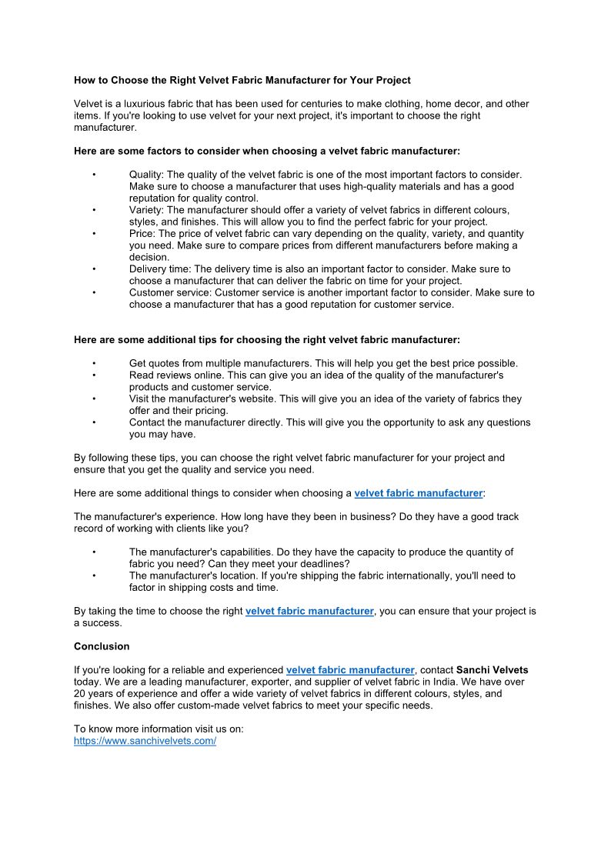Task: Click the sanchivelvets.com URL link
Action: (x=145, y=740)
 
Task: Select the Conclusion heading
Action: (x=102, y=646)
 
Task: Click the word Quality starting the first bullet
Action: (x=145, y=175)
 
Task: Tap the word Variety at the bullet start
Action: (x=145, y=210)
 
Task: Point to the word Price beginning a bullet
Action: (x=141, y=233)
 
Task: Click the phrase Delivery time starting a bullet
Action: (x=159, y=269)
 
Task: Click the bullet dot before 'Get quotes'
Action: (x=93, y=363)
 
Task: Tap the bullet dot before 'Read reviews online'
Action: (x=93, y=375)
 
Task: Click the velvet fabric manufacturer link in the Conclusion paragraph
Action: (x=349, y=670)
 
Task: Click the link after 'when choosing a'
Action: (x=418, y=492)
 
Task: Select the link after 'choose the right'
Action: (x=309, y=611)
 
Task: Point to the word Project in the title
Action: (x=392, y=80)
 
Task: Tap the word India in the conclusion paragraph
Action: (x=449, y=682)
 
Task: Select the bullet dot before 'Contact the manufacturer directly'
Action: (x=93, y=422)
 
